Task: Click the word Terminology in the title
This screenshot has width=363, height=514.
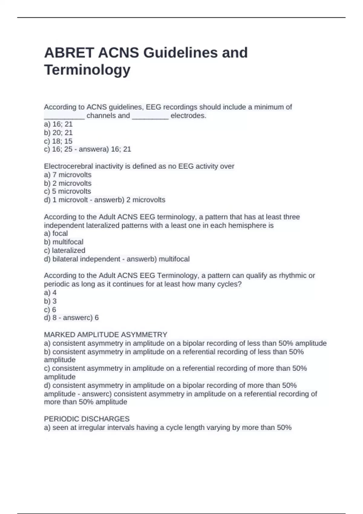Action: tap(87, 70)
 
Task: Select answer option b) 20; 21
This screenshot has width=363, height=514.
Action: tap(58, 132)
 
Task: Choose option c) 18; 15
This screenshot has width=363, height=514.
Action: tap(58, 141)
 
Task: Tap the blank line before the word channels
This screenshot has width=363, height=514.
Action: tap(64, 116)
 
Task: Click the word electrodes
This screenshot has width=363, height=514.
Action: tap(188, 115)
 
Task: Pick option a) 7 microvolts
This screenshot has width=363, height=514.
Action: tap(67, 175)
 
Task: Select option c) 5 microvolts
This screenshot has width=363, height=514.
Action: tap(67, 191)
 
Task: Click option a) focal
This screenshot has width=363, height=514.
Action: tap(56, 233)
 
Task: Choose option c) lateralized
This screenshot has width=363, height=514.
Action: tap(65, 250)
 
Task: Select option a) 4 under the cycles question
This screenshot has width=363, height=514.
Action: tap(50, 293)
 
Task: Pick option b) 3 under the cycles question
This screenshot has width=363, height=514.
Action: tap(50, 301)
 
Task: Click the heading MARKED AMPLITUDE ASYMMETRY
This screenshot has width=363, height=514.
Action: tap(106, 335)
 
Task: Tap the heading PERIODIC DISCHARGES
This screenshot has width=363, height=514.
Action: tap(87, 419)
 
